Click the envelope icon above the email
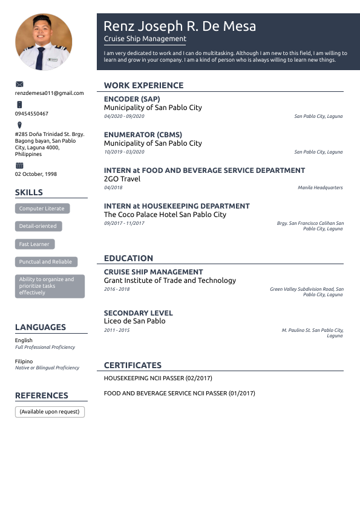tap(19, 84)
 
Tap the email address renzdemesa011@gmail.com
tap(50, 93)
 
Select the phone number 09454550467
tap(31, 114)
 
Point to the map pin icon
tap(19, 125)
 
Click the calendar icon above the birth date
tap(19, 165)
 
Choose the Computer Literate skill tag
tap(42, 209)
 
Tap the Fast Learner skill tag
tap(35, 244)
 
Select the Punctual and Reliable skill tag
tap(45, 262)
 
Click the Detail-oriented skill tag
tap(38, 226)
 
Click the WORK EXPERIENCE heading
tap(143, 86)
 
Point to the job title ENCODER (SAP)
tap(132, 99)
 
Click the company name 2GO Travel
tap(122, 179)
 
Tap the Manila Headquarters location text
tap(320, 188)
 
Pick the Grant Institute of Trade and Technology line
tap(170, 280)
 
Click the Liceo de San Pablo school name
tap(134, 321)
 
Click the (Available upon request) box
tap(50, 412)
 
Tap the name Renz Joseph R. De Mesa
tap(180, 26)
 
